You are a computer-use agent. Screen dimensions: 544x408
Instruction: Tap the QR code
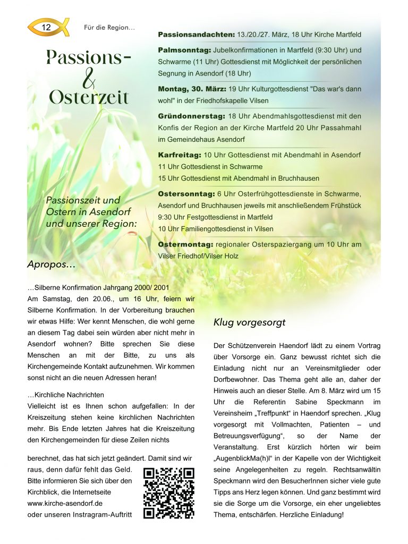pos(169,493)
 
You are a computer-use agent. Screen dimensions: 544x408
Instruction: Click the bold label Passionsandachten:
pos(196,35)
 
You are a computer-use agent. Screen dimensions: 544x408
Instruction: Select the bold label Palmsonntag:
pos(184,50)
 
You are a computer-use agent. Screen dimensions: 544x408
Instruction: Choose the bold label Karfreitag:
pos(180,155)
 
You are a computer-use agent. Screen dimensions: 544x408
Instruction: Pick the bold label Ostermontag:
pos(185,244)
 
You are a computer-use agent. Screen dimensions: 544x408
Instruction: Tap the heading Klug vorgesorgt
pos(249,322)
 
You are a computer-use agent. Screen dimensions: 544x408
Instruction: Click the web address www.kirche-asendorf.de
pos(65,503)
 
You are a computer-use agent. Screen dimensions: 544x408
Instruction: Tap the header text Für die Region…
pos(109,27)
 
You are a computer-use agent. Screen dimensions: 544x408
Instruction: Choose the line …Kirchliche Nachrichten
pos(66,395)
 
